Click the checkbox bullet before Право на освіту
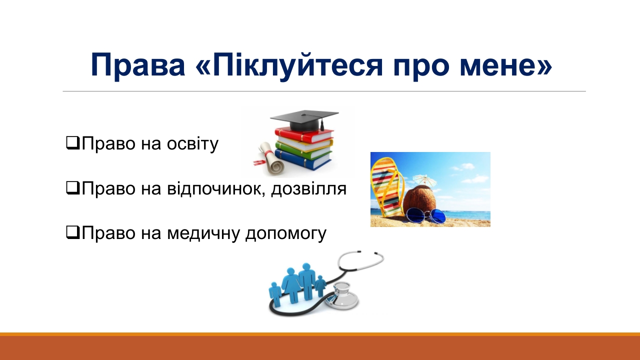pyautogui.click(x=72, y=143)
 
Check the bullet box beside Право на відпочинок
pyautogui.click(x=72, y=188)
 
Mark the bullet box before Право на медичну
pyautogui.click(x=72, y=232)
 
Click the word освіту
pyautogui.click(x=192, y=143)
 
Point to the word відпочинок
pyautogui.click(x=214, y=189)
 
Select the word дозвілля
pyautogui.click(x=309, y=189)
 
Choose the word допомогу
pyautogui.click(x=285, y=233)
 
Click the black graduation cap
pyautogui.click(x=304, y=120)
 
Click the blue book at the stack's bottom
pyautogui.click(x=303, y=160)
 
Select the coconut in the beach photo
pyautogui.click(x=419, y=200)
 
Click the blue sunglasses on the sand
pyautogui.click(x=425, y=215)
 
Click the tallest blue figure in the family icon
pyautogui.click(x=306, y=281)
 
